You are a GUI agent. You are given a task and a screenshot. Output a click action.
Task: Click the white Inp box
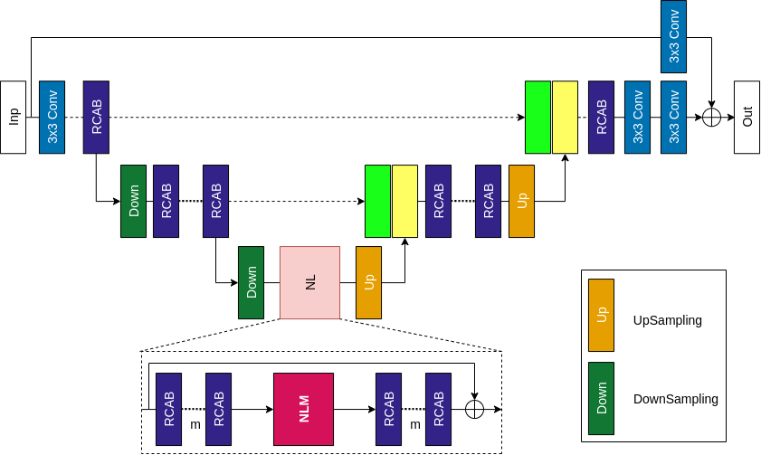[x=14, y=117]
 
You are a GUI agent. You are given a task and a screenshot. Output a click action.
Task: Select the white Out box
[x=747, y=117]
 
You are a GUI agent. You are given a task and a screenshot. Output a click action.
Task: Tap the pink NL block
[x=310, y=282]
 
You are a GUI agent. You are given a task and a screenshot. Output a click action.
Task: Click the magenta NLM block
[x=304, y=409]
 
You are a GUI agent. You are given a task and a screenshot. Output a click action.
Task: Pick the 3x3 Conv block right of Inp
[x=52, y=117]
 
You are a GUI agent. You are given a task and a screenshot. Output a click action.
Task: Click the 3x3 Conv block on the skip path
[x=674, y=37]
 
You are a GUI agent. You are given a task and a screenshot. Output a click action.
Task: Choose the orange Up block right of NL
[x=368, y=282]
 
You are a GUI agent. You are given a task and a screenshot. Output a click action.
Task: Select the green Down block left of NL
[x=252, y=282]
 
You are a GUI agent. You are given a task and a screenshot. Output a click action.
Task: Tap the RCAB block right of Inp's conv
[x=96, y=117]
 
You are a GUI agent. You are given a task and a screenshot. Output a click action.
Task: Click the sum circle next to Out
[x=712, y=117]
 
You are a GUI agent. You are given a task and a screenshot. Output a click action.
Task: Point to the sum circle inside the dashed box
[x=474, y=409]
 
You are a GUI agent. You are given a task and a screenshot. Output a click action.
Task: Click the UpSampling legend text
[x=668, y=320]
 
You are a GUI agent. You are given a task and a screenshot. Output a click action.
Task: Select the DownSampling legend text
[x=676, y=399]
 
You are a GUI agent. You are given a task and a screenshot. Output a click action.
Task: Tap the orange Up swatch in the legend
[x=601, y=315]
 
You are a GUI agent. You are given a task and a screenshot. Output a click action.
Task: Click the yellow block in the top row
[x=565, y=117]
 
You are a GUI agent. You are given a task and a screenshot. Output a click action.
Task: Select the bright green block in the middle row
[x=377, y=201]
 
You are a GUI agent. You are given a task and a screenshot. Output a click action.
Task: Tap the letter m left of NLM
[x=194, y=423]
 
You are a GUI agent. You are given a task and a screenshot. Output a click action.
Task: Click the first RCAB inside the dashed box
[x=168, y=409]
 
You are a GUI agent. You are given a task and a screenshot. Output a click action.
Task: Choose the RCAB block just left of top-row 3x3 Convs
[x=602, y=117]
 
